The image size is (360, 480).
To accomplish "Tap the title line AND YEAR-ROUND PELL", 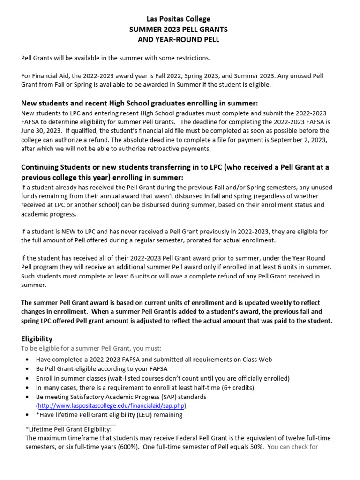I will [179, 40].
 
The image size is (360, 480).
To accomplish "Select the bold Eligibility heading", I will [37, 338].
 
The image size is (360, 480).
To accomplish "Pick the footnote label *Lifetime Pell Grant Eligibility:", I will [68, 429].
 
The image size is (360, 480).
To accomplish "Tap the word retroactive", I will [163, 149].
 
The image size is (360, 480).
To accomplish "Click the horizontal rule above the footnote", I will [68, 423].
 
